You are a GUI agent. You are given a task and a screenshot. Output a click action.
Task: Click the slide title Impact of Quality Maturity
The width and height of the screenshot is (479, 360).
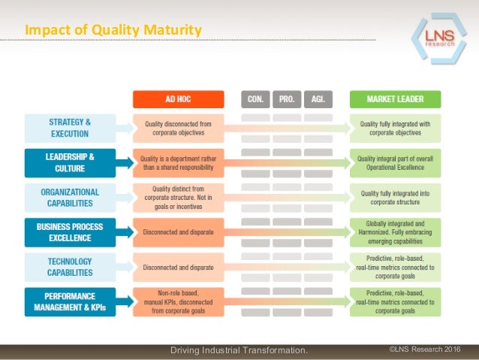113,30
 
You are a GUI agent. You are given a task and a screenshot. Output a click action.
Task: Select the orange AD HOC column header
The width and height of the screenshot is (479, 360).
178,99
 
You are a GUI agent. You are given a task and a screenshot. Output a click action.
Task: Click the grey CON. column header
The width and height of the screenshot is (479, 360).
255,99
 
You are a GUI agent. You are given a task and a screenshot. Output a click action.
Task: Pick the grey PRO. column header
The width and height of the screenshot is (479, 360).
286,99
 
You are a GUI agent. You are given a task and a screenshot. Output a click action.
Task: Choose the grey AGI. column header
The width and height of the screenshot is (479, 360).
318,99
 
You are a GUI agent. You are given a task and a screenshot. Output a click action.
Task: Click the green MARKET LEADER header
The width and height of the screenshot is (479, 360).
395,99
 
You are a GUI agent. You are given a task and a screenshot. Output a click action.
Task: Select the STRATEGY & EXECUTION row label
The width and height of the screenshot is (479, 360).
70,128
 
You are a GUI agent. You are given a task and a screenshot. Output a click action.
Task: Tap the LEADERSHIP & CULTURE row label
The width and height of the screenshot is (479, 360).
70,162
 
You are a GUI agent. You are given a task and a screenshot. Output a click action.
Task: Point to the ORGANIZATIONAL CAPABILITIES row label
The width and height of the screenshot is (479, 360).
70,197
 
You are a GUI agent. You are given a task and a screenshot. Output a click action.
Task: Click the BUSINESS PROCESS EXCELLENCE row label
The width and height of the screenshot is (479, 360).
70,232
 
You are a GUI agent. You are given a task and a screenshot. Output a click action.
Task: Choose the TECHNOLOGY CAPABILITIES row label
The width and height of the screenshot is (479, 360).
70,267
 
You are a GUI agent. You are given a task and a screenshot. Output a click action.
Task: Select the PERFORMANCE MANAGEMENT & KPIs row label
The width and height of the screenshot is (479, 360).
70,301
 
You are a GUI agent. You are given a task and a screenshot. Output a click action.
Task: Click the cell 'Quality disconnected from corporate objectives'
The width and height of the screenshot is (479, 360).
178,128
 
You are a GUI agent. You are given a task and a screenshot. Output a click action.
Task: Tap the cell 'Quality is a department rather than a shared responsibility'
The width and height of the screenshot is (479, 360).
178,163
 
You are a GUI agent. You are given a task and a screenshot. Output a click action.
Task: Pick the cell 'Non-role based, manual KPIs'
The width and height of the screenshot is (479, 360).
178,301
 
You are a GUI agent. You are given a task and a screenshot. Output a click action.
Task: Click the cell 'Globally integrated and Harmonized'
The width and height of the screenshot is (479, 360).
396,232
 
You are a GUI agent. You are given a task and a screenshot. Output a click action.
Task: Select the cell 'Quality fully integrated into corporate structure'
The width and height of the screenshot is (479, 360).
396,198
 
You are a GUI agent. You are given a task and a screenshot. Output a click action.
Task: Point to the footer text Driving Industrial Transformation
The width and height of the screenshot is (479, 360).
239,350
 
